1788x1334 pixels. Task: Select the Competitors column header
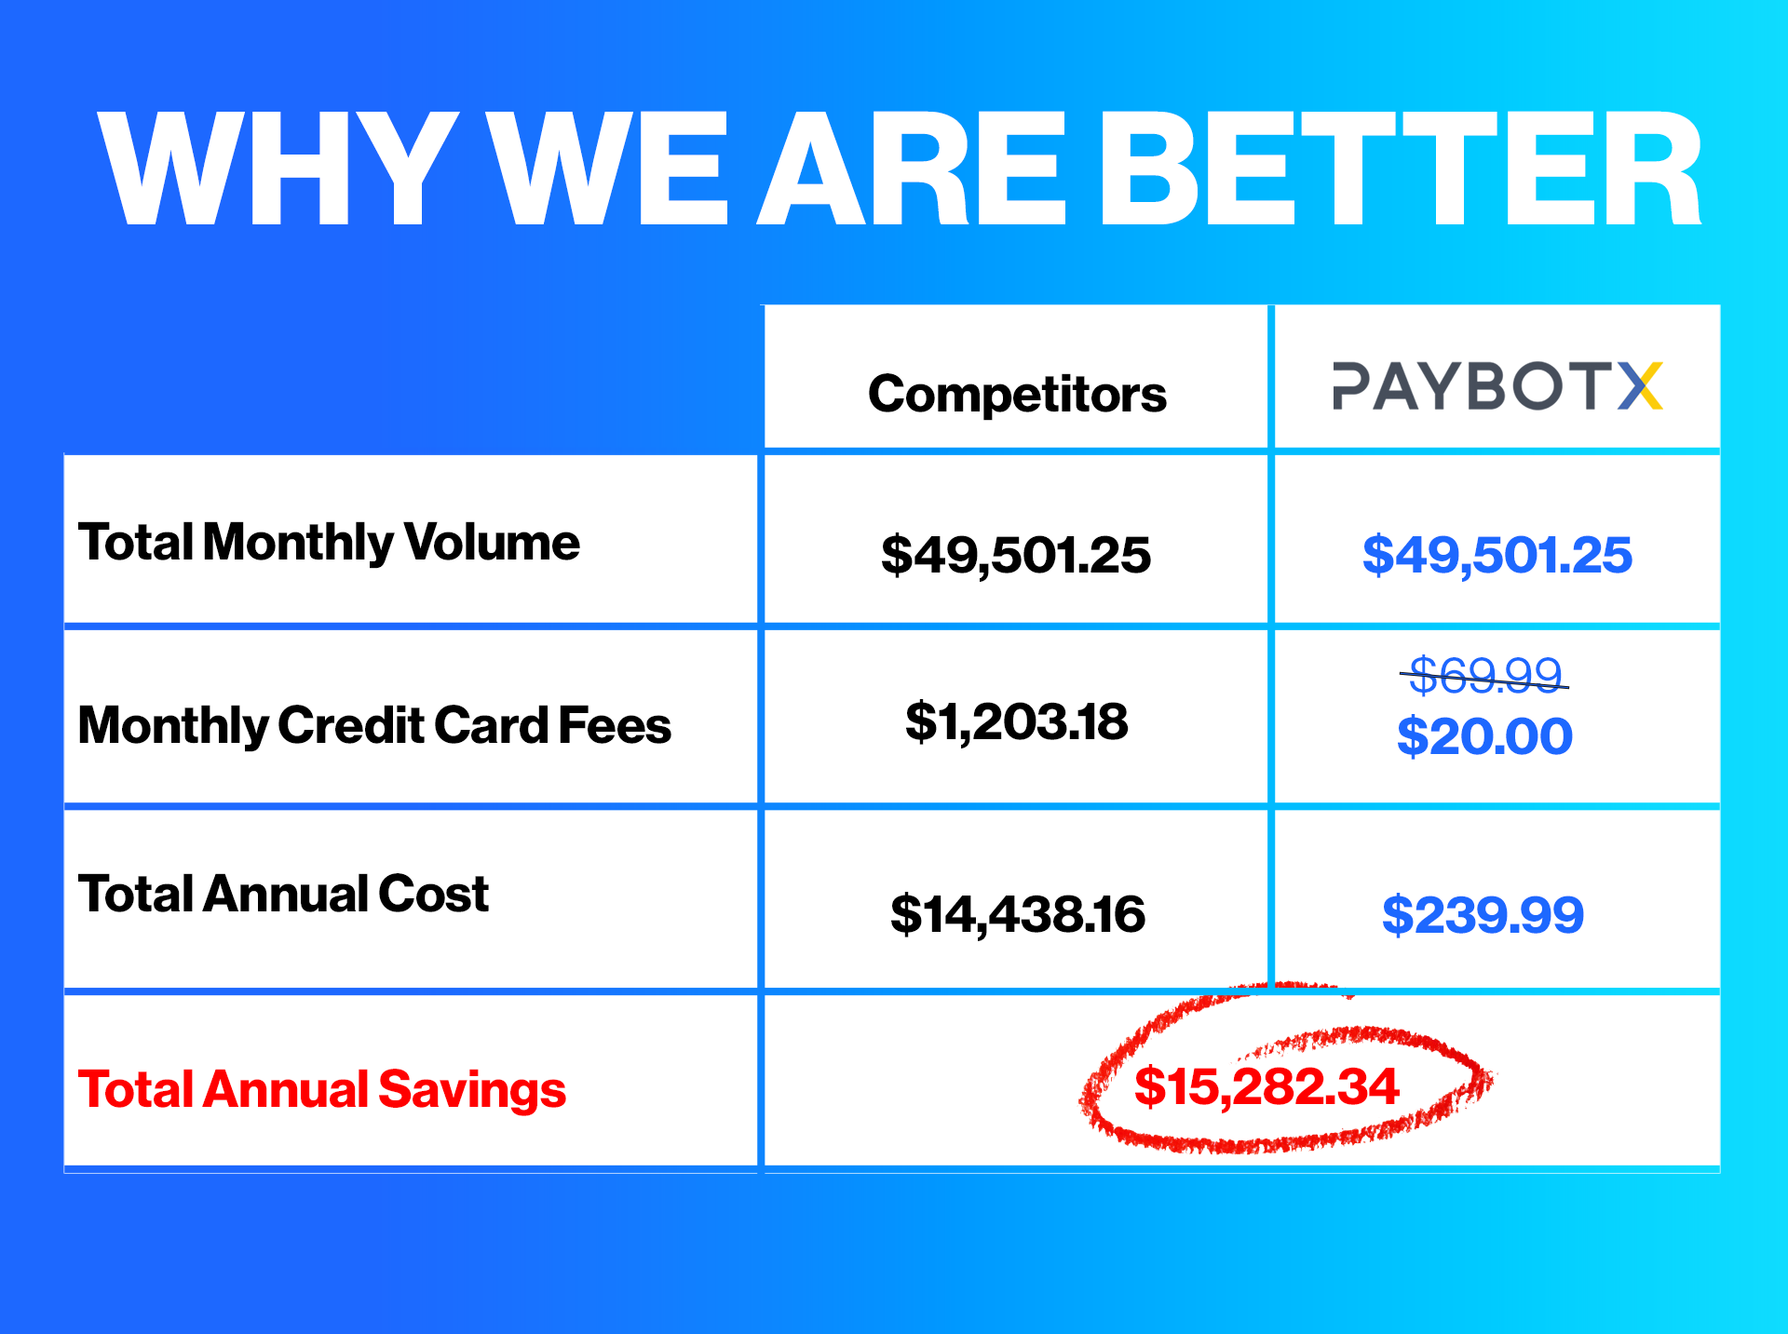point(1017,394)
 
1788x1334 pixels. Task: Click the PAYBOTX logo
point(1497,385)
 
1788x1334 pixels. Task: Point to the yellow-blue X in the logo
point(1640,385)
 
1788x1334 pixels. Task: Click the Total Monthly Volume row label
point(329,543)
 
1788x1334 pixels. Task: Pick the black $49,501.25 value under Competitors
point(1016,555)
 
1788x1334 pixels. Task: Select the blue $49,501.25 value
point(1497,555)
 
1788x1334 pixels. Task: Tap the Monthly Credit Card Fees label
point(374,726)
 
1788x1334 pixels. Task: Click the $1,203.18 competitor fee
point(1017,721)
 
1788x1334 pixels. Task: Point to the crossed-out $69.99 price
point(1485,674)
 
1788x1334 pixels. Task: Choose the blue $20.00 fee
point(1485,736)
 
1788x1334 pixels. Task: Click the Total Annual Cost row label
point(283,894)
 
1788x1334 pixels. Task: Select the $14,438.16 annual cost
point(1018,913)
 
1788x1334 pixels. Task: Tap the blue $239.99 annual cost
point(1483,914)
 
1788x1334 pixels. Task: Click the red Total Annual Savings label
point(322,1090)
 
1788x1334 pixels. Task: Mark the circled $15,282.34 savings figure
point(1266,1086)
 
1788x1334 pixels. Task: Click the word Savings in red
point(472,1091)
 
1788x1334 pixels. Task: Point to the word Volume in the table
point(492,542)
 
